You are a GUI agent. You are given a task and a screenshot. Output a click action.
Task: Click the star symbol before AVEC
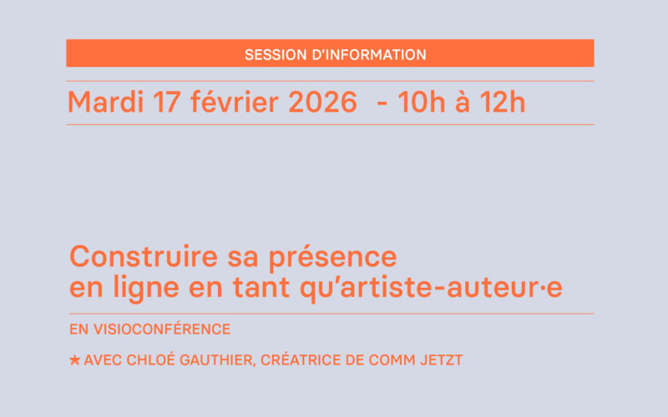[75, 360]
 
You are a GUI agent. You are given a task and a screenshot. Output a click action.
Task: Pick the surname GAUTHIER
[220, 360]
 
